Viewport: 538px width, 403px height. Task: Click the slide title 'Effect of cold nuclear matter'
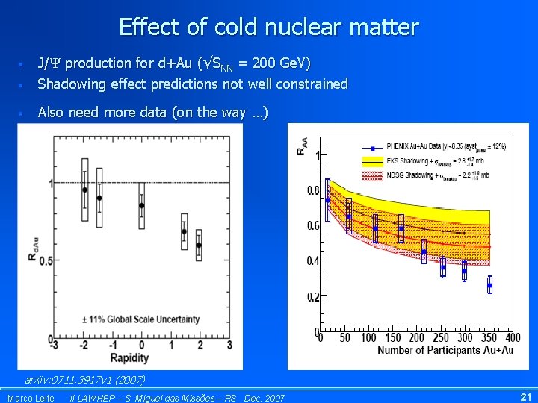(x=269, y=28)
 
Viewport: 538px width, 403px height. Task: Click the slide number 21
(x=525, y=397)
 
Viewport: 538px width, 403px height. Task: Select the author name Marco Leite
(x=31, y=398)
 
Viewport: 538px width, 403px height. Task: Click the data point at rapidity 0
(x=142, y=205)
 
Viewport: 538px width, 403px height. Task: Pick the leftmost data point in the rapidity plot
(x=84, y=190)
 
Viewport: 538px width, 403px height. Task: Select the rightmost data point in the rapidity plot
(x=199, y=245)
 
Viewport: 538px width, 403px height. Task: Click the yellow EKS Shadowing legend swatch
(x=373, y=160)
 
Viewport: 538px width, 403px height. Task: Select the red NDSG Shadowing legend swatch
(x=373, y=175)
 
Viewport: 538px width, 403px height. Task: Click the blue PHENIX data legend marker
(x=373, y=146)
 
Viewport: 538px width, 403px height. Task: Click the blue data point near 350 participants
(x=464, y=269)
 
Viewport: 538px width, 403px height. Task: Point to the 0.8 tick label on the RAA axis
(x=313, y=190)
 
